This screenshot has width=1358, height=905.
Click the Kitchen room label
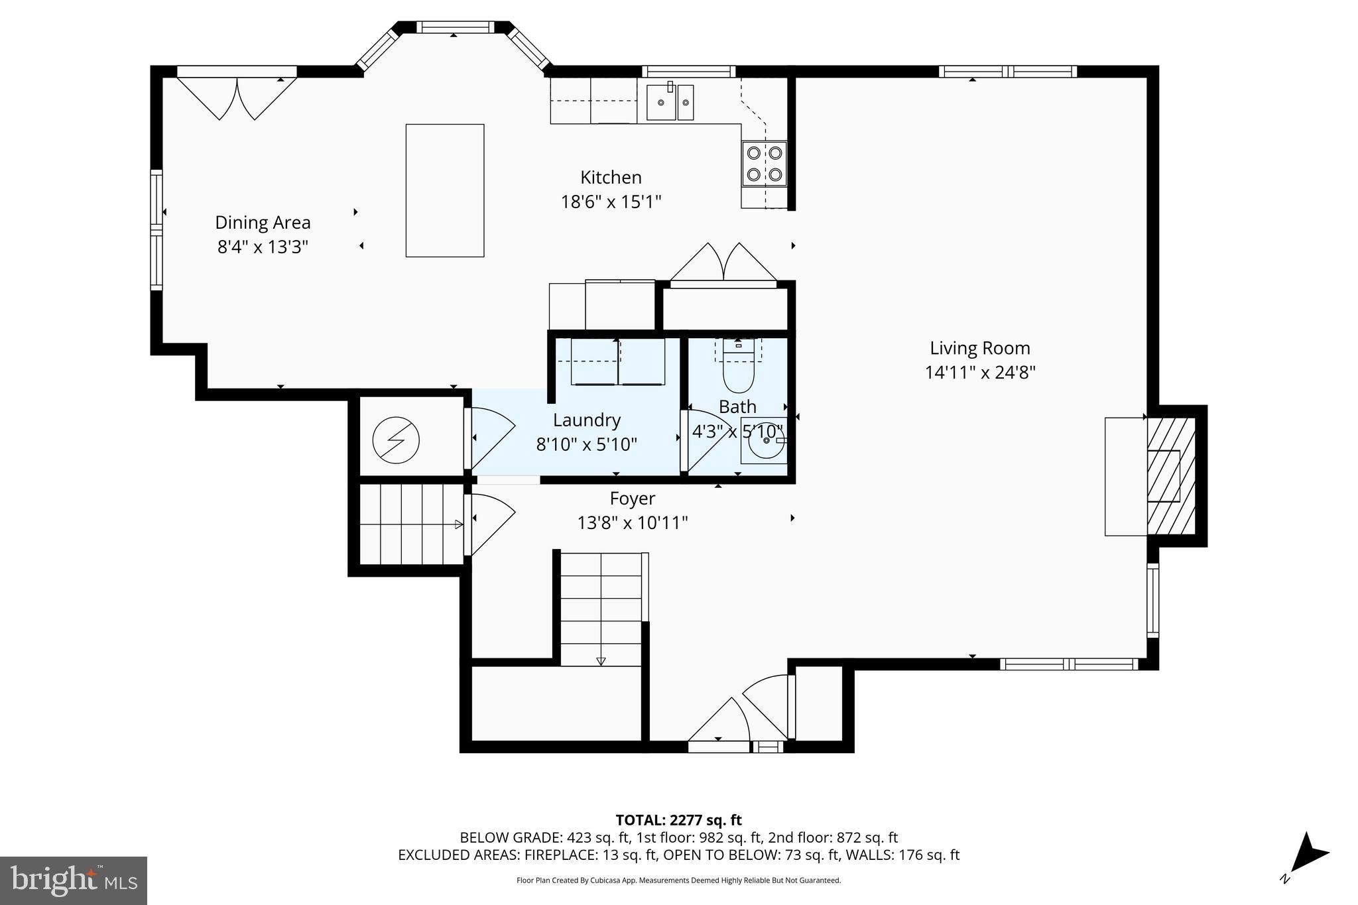(611, 178)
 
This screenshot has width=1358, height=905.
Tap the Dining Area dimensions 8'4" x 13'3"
(263, 247)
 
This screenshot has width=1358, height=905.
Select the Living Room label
(979, 348)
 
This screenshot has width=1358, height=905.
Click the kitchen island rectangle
(445, 190)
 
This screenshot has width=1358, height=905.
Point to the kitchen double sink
(670, 102)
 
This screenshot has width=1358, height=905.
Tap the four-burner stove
(764, 164)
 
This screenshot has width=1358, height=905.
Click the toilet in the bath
(738, 371)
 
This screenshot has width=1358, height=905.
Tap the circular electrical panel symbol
(396, 440)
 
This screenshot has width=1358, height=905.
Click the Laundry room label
(586, 420)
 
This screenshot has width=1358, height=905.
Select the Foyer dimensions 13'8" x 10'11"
(632, 523)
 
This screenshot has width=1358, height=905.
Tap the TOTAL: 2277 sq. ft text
(678, 820)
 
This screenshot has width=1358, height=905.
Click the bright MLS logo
(74, 880)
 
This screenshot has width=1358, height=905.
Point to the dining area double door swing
(237, 98)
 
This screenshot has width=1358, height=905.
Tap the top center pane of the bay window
(454, 27)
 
